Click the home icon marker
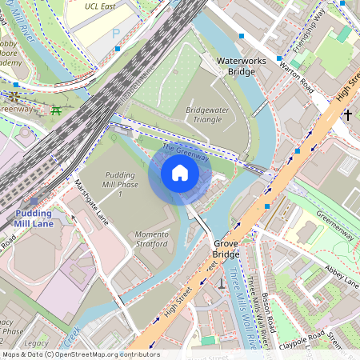pos(180,173)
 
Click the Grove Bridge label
pos(226,247)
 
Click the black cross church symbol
pos(347,115)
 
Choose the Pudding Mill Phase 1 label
pos(120,184)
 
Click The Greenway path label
pos(186,152)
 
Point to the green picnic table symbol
pos(56,110)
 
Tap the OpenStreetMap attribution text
pos(80,354)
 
